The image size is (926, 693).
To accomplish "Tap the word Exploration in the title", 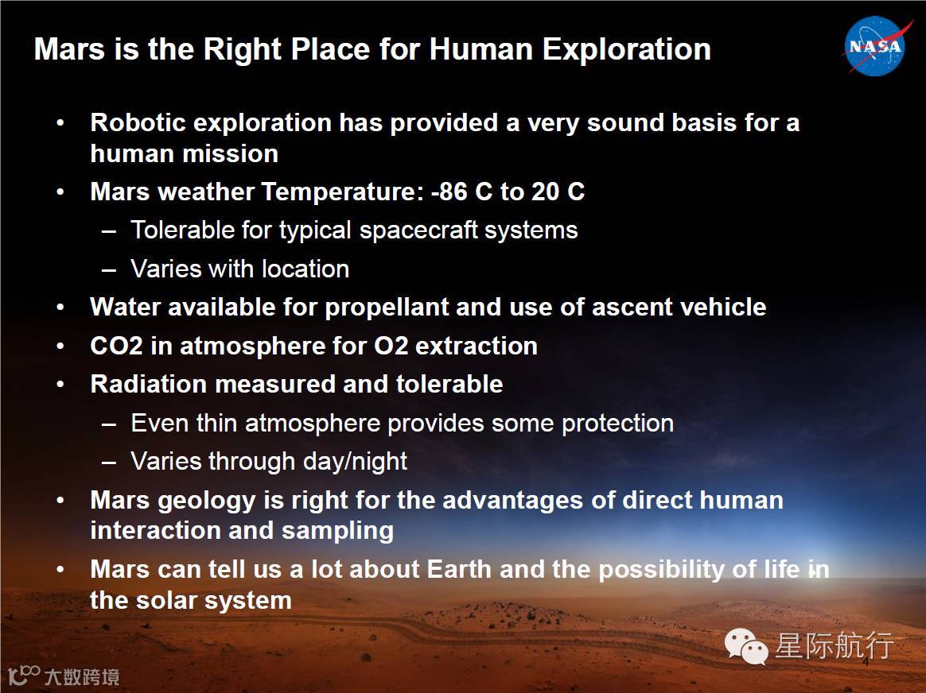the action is pyautogui.click(x=627, y=50).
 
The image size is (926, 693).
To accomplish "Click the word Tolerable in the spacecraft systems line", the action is pyautogui.click(x=182, y=230).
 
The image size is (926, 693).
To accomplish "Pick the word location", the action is pyautogui.click(x=306, y=269).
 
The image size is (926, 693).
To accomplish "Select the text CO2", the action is pyautogui.click(x=116, y=346).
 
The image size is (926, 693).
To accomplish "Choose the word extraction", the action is pyautogui.click(x=477, y=346).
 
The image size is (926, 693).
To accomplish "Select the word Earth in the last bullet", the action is pyautogui.click(x=459, y=570).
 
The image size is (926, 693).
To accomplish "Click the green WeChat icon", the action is pyautogui.click(x=746, y=646).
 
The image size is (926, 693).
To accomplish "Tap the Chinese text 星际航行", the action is pyautogui.click(x=835, y=645).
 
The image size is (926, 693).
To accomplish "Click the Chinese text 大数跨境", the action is pyautogui.click(x=81, y=676).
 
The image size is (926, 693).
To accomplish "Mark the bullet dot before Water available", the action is pyautogui.click(x=60, y=308).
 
